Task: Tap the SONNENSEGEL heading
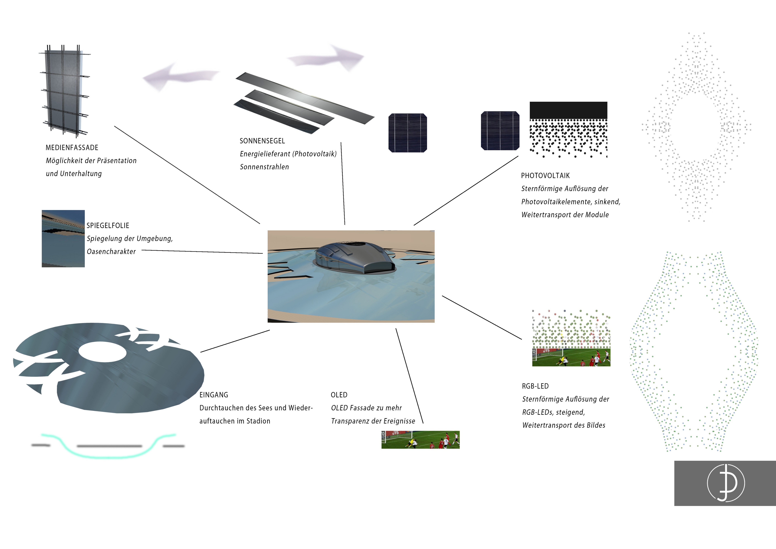tap(262, 141)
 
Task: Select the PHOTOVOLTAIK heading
tap(545, 176)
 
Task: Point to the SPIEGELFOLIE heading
tap(108, 226)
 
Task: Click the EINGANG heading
tap(214, 395)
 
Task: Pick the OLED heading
tap(339, 395)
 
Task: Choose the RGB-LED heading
tap(535, 386)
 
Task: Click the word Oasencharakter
tap(111, 252)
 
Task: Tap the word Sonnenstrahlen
tap(264, 167)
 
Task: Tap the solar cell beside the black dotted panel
tap(500, 130)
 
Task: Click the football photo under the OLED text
tap(421, 440)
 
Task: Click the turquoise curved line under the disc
tap(108, 453)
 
